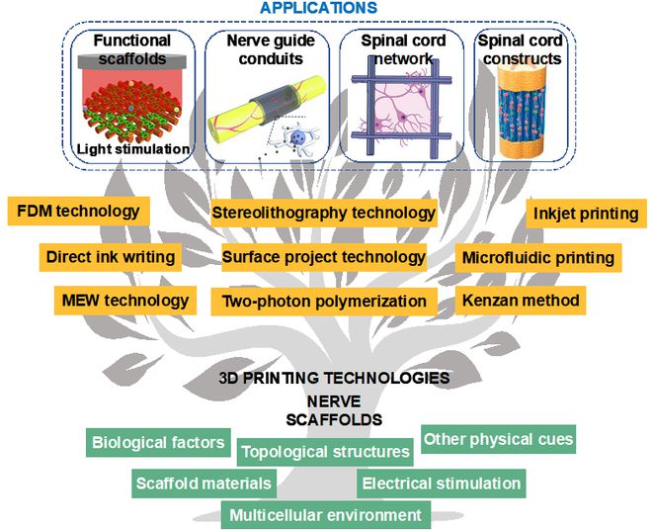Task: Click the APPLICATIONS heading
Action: (x=319, y=8)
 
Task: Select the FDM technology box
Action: (x=79, y=211)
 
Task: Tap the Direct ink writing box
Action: (x=111, y=257)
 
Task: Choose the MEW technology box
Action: (x=125, y=301)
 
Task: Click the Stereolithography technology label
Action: (x=324, y=213)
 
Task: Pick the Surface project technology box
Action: (x=324, y=257)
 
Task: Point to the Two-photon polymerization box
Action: (x=324, y=301)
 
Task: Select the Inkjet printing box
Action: (x=586, y=214)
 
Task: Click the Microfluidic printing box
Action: (x=538, y=258)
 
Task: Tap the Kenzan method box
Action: (x=521, y=301)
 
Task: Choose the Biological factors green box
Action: (x=158, y=442)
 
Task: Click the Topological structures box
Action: (x=325, y=452)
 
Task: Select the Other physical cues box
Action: (x=498, y=439)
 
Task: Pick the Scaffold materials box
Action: (x=204, y=484)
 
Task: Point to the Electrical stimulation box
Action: (x=442, y=484)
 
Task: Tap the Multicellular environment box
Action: (x=326, y=515)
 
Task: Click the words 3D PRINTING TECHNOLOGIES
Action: (x=334, y=378)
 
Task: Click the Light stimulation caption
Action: (x=133, y=149)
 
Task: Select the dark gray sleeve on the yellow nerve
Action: (x=275, y=100)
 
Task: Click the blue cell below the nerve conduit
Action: (x=297, y=137)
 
